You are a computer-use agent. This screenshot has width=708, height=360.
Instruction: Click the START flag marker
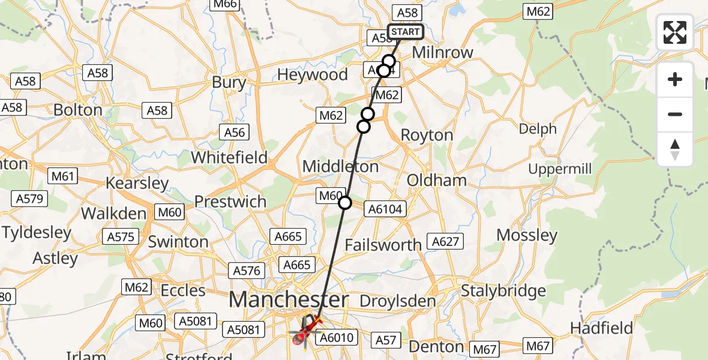coord(406,32)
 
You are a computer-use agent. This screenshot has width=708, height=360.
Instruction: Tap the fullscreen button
coord(675,32)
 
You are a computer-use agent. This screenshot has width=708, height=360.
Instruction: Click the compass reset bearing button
coord(675,149)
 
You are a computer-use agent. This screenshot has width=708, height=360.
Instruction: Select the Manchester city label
coord(289,299)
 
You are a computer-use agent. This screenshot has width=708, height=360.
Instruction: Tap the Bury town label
coord(229,82)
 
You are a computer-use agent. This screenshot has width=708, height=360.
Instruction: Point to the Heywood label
coord(312,75)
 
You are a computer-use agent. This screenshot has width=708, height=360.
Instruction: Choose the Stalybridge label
coord(503,292)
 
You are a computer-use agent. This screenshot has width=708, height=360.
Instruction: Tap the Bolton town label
coord(78,110)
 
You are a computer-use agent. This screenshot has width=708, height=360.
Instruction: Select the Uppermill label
coord(560,169)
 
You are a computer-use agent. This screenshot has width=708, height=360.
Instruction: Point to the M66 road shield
coord(225,5)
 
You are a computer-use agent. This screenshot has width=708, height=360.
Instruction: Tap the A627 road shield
coord(446,241)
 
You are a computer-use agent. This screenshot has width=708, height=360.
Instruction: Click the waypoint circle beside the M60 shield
coord(345,203)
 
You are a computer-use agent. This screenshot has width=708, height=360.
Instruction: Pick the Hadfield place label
coord(601,328)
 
